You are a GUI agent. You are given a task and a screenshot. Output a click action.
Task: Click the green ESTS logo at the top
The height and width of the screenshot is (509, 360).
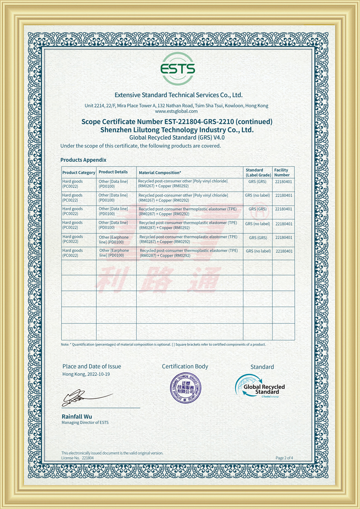(x=178, y=69)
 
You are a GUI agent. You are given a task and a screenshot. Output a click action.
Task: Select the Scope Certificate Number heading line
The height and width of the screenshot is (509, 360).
(x=177, y=121)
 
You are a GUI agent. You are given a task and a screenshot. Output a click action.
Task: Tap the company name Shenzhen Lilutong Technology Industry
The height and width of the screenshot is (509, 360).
(x=177, y=130)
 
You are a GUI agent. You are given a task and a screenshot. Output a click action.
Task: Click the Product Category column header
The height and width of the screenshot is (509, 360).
(x=79, y=172)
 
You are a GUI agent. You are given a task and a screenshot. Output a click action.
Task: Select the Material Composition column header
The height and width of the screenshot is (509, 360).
(x=160, y=172)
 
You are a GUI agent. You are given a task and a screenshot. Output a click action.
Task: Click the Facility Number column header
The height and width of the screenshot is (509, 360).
(x=282, y=172)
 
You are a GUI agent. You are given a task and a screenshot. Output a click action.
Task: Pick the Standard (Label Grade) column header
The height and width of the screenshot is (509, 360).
(x=258, y=172)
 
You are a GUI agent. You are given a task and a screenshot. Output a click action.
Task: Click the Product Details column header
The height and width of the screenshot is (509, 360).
(x=113, y=172)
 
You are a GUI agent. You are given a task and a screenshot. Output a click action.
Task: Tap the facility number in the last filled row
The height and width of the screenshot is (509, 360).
(x=284, y=251)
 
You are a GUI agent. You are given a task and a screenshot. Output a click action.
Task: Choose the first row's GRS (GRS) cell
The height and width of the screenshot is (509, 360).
(x=257, y=182)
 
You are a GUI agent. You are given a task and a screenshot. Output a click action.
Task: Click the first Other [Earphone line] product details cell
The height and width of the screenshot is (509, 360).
(x=114, y=239)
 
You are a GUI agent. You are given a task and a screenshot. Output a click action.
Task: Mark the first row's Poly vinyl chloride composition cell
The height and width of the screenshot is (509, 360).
(x=183, y=184)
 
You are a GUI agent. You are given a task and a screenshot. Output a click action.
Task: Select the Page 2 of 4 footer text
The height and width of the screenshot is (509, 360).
(x=284, y=458)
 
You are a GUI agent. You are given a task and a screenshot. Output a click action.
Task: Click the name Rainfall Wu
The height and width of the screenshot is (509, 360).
(x=77, y=416)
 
